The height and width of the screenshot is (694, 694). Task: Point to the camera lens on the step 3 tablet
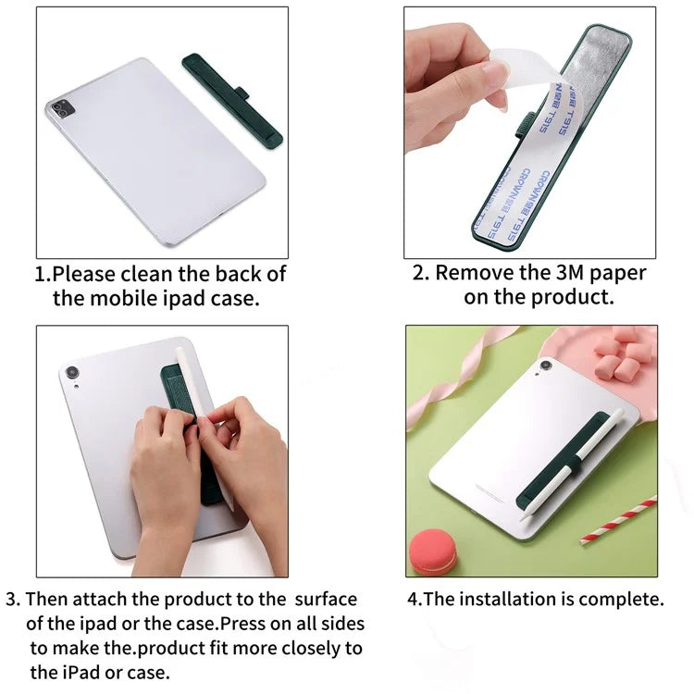coord(71,372)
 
